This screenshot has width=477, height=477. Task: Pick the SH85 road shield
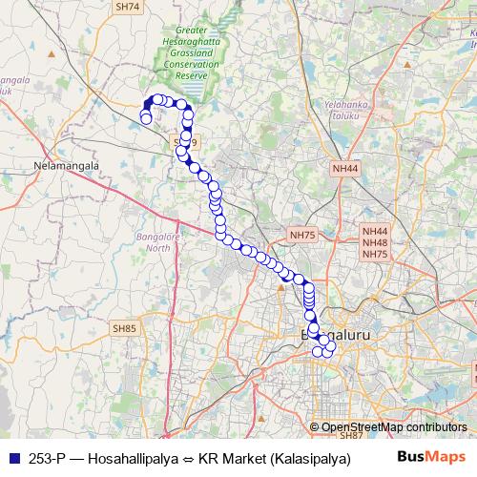pyautogui.click(x=125, y=328)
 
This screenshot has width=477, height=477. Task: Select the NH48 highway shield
pyautogui.click(x=375, y=243)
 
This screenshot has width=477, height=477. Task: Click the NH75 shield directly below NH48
pyautogui.click(x=375, y=255)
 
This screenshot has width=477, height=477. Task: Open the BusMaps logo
pyautogui.click(x=431, y=456)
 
